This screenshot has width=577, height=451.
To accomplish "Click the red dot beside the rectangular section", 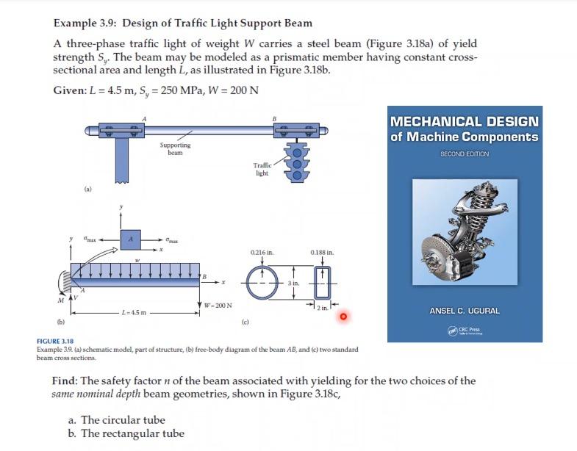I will point(342,316).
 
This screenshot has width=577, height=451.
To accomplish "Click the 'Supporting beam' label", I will point(174,148).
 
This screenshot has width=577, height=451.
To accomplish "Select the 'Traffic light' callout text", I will point(262,169).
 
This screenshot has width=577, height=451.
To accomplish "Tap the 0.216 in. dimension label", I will point(262,252).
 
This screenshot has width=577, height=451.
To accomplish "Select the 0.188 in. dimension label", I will point(322,252).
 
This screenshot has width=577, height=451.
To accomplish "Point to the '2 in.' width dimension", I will point(323,307).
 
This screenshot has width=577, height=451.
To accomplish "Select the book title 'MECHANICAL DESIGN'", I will point(465,121).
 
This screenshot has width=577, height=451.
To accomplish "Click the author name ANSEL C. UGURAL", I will point(465,311).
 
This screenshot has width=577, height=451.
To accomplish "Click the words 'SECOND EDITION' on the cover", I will point(465,154).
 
